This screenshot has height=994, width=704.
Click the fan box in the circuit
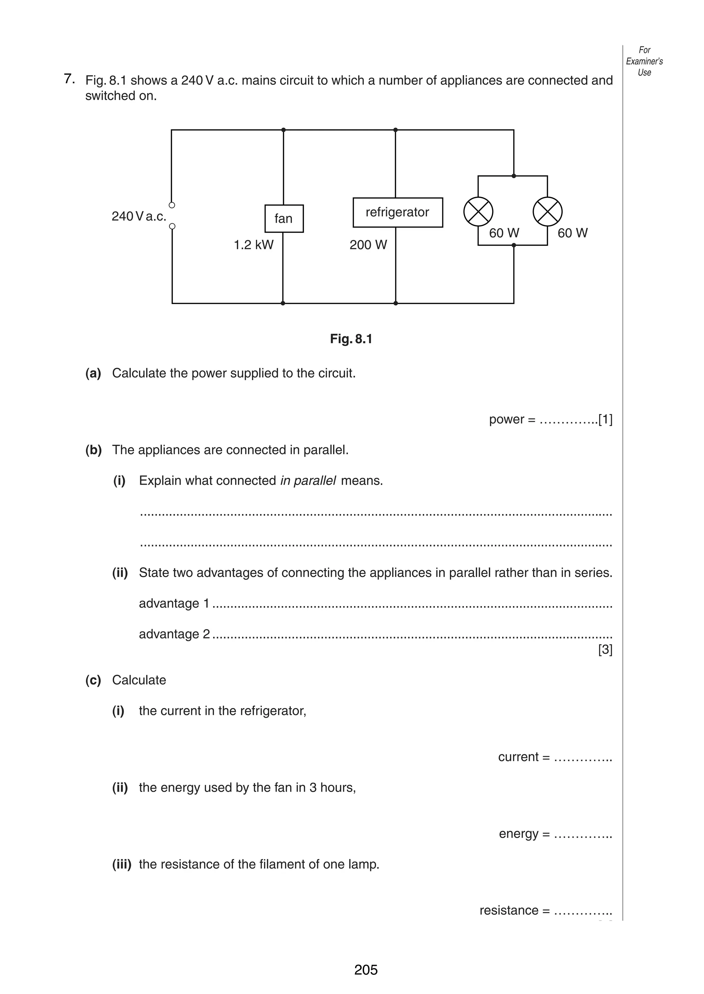[284, 219]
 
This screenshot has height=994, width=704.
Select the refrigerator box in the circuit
[397, 212]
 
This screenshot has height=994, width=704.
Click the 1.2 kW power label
[254, 245]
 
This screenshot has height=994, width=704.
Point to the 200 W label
[368, 245]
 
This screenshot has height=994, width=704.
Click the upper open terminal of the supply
[172, 205]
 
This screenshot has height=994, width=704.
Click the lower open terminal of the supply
[172, 226]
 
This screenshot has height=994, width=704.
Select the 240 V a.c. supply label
[139, 216]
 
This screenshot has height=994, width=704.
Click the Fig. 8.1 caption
[351, 339]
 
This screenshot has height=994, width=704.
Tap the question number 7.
[68, 79]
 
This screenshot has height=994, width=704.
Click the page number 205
[366, 969]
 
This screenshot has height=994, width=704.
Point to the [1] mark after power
[605, 420]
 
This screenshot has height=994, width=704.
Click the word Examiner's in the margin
[644, 61]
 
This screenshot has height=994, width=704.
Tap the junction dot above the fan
[284, 130]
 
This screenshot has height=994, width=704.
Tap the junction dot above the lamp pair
[514, 176]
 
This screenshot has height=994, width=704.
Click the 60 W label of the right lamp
[572, 233]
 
